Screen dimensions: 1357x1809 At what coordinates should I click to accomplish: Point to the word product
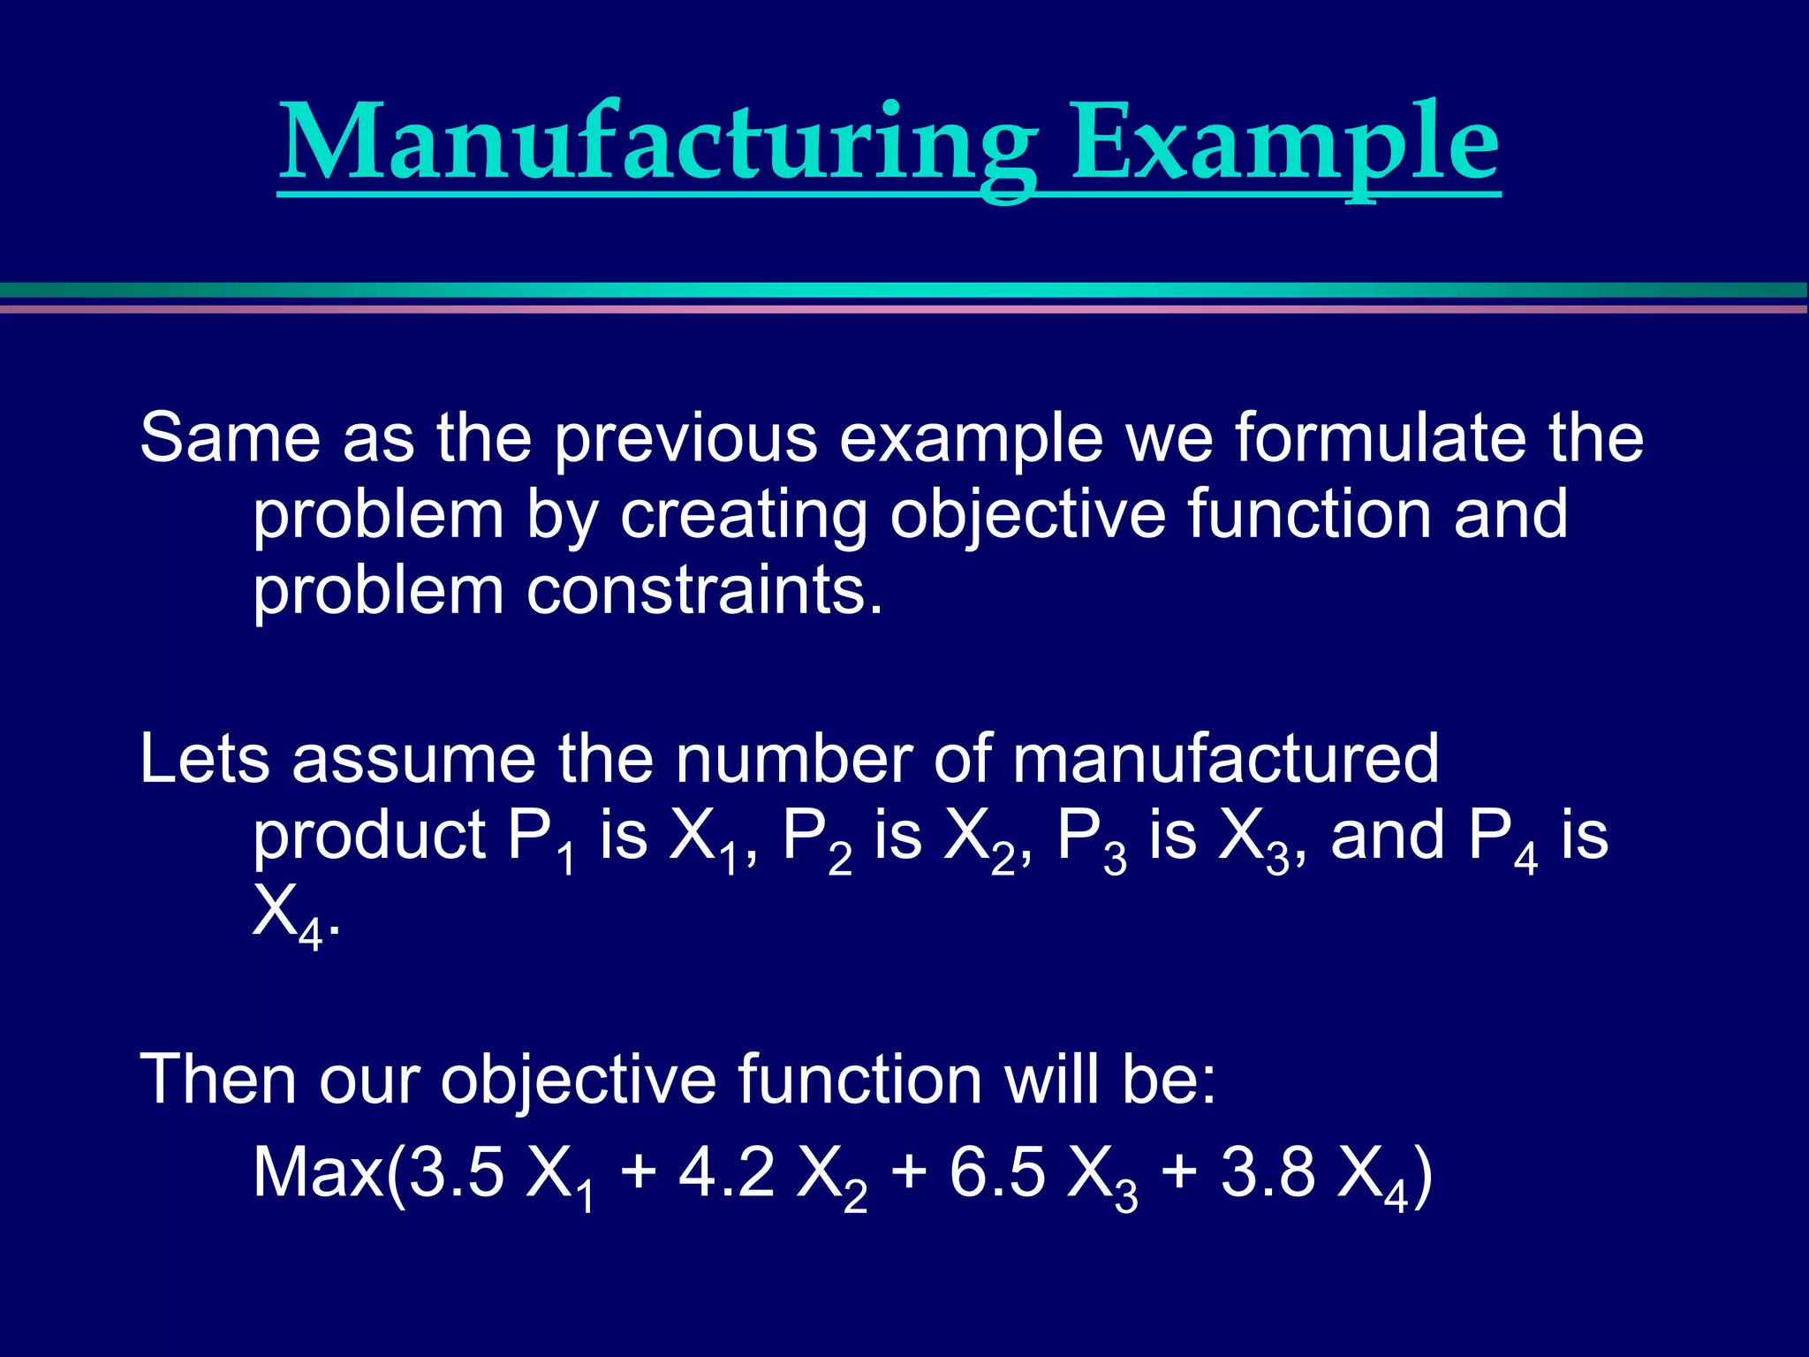coord(369,836)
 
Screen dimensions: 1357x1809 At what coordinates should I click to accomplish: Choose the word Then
coord(218,1079)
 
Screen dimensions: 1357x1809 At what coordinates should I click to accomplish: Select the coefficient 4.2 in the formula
coord(726,1172)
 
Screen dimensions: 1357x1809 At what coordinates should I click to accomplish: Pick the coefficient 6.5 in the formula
coord(997,1172)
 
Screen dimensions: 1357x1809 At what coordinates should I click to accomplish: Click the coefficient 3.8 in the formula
coord(1268,1172)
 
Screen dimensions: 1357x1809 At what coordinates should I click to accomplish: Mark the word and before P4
coord(1388,836)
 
